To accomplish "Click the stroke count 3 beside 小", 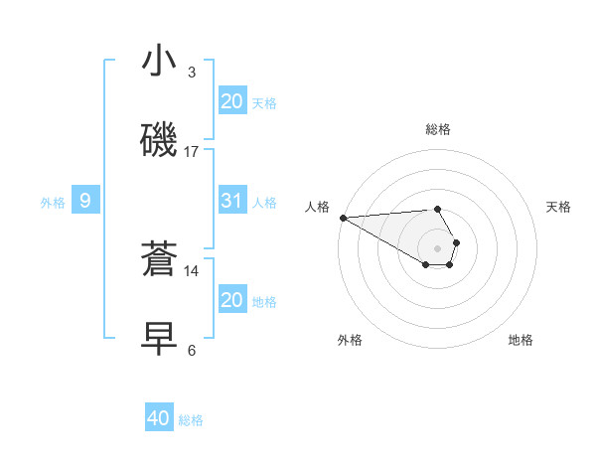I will (192, 73).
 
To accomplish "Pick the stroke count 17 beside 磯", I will (192, 152).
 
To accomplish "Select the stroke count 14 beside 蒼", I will (192, 270).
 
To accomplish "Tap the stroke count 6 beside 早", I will (192, 350).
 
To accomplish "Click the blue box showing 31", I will (231, 201).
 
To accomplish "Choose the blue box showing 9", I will (85, 202).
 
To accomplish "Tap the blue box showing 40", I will (159, 419).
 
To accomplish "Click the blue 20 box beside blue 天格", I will (231, 101).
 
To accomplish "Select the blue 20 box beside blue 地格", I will (231, 300).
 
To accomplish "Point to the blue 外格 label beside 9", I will (53, 203).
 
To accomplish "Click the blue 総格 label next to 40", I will (191, 420).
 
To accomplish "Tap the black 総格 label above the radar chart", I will (438, 129).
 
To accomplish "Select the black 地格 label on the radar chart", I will (521, 340).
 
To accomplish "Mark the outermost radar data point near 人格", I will (343, 218).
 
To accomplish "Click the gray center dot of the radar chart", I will (438, 247).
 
